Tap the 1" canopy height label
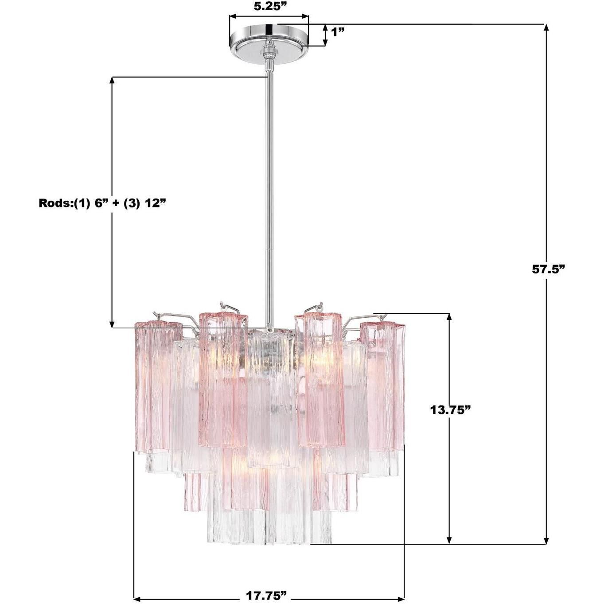pyautogui.click(x=337, y=32)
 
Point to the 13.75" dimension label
pyautogui.click(x=450, y=410)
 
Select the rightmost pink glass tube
pyautogui.click(x=384, y=386)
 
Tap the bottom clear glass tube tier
pyautogui.click(x=268, y=527)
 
